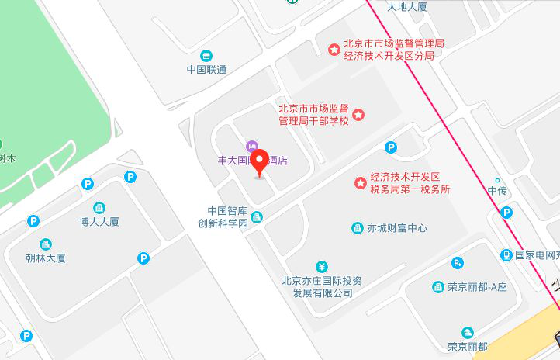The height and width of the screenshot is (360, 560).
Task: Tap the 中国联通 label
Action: [206, 70]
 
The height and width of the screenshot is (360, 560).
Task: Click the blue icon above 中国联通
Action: [206, 56]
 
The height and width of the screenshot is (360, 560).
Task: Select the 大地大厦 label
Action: [406, 6]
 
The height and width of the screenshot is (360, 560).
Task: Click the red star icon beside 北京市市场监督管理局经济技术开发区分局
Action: [334, 49]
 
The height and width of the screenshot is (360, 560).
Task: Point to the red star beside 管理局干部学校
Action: [359, 115]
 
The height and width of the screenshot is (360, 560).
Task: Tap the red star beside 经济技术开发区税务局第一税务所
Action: [361, 183]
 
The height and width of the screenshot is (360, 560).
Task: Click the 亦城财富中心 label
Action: [397, 228]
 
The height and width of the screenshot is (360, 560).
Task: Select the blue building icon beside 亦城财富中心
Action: [358, 228]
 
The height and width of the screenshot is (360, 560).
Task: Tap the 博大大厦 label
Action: [99, 222]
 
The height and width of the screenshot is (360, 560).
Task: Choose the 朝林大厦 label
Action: [45, 258]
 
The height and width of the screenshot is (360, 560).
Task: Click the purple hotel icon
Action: [251, 147]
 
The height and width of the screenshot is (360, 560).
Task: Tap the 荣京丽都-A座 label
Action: [477, 287]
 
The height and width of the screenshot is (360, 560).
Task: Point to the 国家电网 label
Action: [536, 254]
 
